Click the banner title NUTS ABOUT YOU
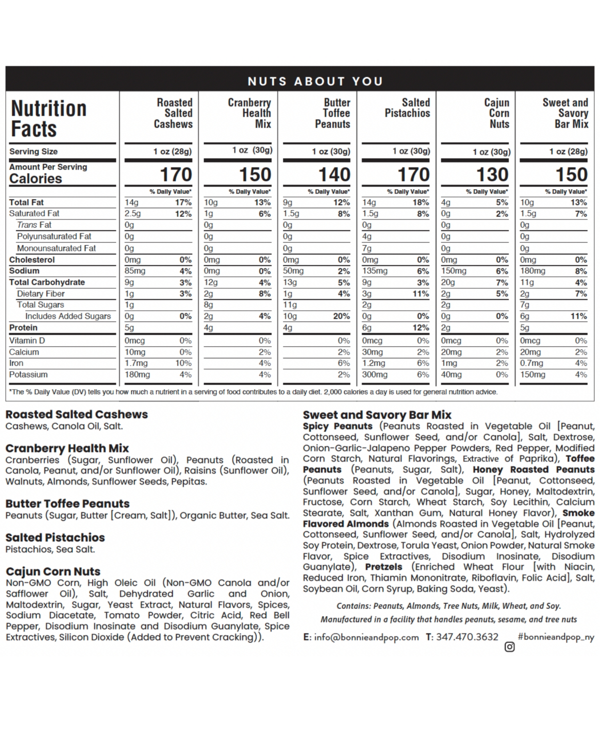coord(315,81)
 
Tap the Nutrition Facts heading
coord(48,118)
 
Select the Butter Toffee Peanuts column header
coord(332,113)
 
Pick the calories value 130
coord(492,175)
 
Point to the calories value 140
coord(334,175)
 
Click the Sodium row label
coord(24,271)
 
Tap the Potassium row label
coord(28,374)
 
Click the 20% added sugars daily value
coord(341,316)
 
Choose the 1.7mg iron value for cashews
coord(136,363)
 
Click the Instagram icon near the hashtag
coord(509,647)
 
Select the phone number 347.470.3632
coord(467,637)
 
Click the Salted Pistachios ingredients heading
coord(55,537)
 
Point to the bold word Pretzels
coord(383,567)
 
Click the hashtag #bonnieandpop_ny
coord(556,636)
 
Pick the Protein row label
coord(23,328)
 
